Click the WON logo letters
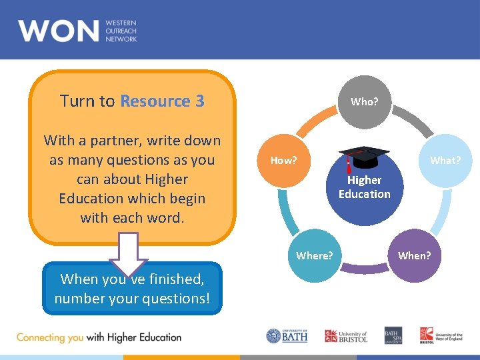coord(58,31)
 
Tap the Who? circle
coord(364,102)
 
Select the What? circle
coord(445,161)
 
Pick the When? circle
coord(414,255)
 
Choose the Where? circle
coord(314,255)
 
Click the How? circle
coord(283,161)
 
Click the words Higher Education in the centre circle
coord(364,187)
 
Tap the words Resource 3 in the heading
coord(162,101)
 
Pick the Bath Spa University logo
coord(393,336)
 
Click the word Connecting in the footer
coord(40,337)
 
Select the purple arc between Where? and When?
coord(365,269)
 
